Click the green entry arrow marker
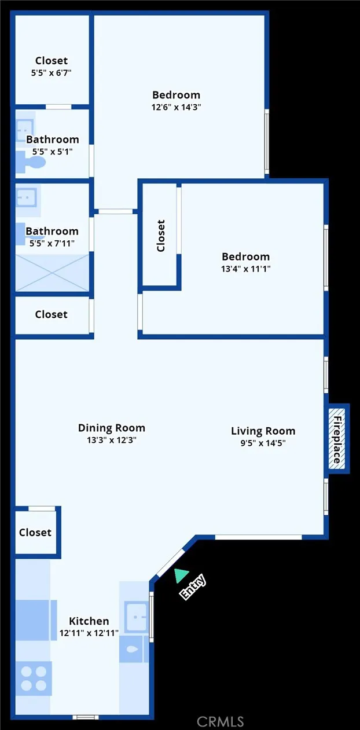coord(181,575)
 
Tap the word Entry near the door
coord(193,586)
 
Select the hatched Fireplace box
coord(337,438)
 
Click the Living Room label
coord(263,431)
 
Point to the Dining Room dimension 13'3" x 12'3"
coord(111,440)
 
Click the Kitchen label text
coord(89,621)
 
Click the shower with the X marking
coord(52,273)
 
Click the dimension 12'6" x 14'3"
coord(176,107)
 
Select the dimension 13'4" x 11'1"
coord(245,269)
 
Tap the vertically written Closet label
coord(161,236)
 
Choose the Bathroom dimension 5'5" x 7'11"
coord(52,244)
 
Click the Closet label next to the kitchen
coord(35,532)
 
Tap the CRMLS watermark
coord(220,721)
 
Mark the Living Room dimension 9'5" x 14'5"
coord(263,443)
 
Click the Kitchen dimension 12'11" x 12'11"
coord(89,633)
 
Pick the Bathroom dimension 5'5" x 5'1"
coord(52,151)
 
